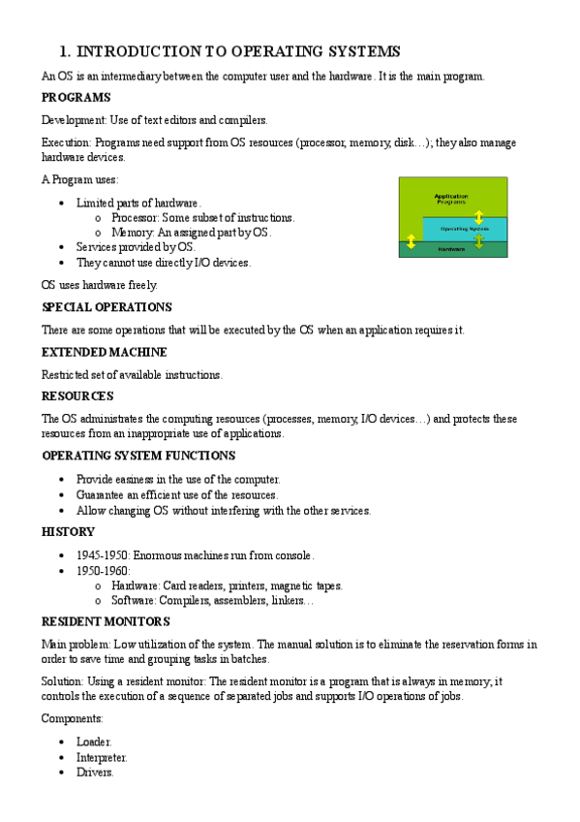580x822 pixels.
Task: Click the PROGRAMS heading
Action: pyautogui.click(x=76, y=98)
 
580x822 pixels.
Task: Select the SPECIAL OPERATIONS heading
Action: pyautogui.click(x=107, y=307)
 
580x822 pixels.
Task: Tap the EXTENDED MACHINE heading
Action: pyautogui.click(x=105, y=352)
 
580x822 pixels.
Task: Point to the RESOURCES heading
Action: pyautogui.click(x=77, y=396)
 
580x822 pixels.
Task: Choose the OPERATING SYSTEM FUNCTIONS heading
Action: pyautogui.click(x=137, y=456)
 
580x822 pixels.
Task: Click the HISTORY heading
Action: pyautogui.click(x=68, y=532)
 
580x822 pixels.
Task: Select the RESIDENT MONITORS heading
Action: pyautogui.click(x=106, y=621)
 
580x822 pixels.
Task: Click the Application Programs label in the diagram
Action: pyautogui.click(x=452, y=198)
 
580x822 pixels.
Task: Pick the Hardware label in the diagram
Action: pyautogui.click(x=451, y=249)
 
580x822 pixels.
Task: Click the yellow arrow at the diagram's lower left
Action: pyautogui.click(x=411, y=241)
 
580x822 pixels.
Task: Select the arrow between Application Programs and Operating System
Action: pyautogui.click(x=478, y=215)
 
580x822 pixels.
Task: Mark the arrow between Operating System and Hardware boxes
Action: pyautogui.click(x=478, y=240)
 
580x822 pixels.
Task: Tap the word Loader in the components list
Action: pyautogui.click(x=94, y=742)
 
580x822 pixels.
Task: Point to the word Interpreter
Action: pyautogui.click(x=101, y=757)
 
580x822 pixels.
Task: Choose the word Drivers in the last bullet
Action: pyautogui.click(x=94, y=773)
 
